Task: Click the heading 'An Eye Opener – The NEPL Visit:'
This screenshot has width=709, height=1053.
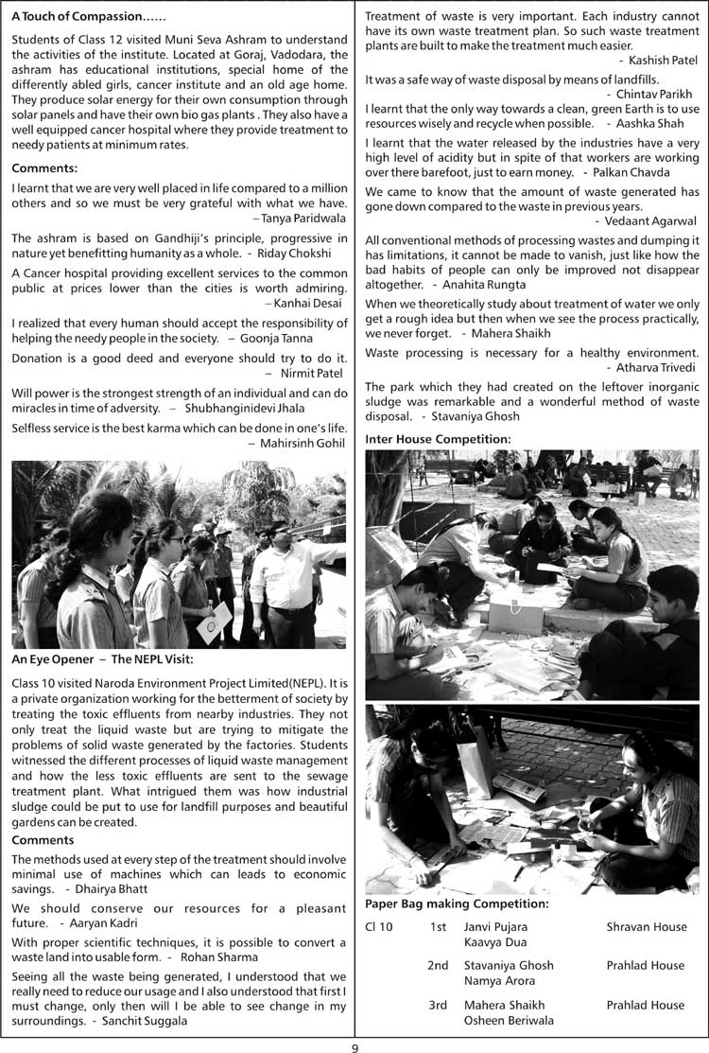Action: [x=103, y=658]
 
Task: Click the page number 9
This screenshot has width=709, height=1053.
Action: [x=354, y=1045]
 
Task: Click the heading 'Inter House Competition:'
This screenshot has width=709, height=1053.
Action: [x=438, y=438]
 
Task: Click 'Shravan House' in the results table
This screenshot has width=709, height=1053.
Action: [x=647, y=926]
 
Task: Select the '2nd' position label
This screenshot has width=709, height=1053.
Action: [x=438, y=966]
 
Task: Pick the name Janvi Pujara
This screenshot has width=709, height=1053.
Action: [x=495, y=926]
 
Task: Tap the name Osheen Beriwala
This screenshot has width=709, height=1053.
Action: [x=509, y=1020]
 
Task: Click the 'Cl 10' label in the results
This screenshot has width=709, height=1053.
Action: [x=379, y=926]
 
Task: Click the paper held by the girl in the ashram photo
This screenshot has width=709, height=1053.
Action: [x=215, y=623]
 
